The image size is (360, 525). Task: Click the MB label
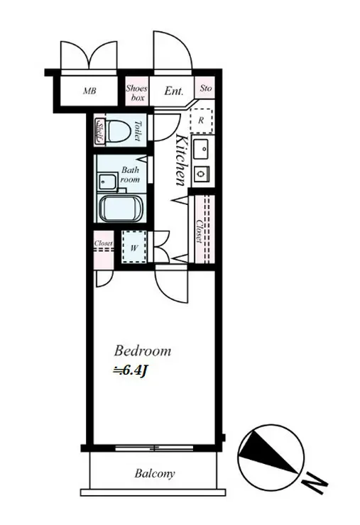pyautogui.click(x=89, y=90)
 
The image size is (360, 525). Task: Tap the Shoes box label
pyautogui.click(x=137, y=93)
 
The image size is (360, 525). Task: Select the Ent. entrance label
pyautogui.click(x=174, y=91)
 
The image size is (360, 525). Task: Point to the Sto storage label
pyautogui.click(x=206, y=88)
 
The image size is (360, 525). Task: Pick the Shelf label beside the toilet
pyautogui.click(x=99, y=131)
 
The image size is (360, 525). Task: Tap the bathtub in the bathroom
pyautogui.click(x=121, y=209)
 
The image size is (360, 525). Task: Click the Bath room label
pyautogui.click(x=130, y=175)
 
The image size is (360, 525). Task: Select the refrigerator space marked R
pyautogui.click(x=201, y=120)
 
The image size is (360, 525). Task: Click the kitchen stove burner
pyautogui.click(x=201, y=173)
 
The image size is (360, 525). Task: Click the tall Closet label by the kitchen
pyautogui.click(x=200, y=231)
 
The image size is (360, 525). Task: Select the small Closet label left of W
pyautogui.click(x=103, y=243)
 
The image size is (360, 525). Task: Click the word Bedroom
pyautogui.click(x=143, y=350)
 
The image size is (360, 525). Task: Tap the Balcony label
pyautogui.click(x=155, y=473)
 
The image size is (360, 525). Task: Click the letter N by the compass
pyautogui.click(x=314, y=485)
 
